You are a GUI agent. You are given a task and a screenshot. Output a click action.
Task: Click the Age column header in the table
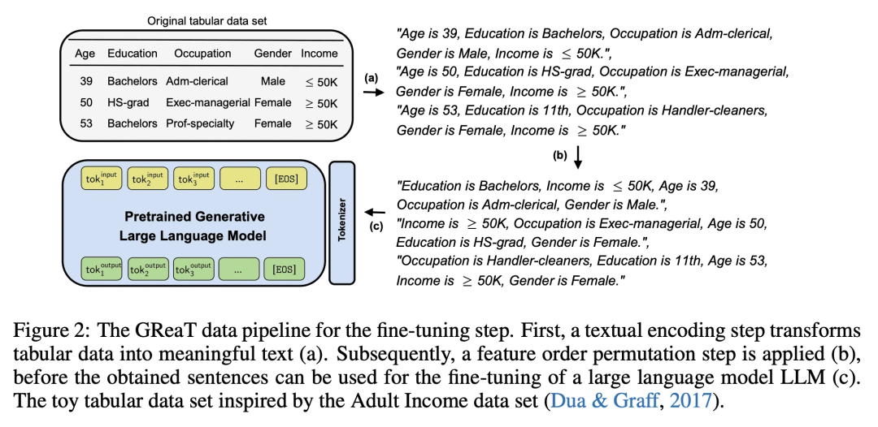tap(85, 54)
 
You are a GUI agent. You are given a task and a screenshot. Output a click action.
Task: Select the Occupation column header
tap(202, 54)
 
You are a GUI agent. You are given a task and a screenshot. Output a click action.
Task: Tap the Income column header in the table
tap(319, 54)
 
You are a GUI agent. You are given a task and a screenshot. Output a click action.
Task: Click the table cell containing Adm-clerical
tap(197, 82)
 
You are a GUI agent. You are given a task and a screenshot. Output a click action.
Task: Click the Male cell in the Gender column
tap(272, 82)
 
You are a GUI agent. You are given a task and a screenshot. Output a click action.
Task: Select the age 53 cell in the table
tap(85, 123)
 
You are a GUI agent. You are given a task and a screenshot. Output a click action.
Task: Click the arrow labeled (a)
tap(370, 93)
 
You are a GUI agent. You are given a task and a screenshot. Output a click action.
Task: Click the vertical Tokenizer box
tap(342, 222)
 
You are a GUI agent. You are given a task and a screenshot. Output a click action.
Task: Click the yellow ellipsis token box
tap(239, 179)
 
